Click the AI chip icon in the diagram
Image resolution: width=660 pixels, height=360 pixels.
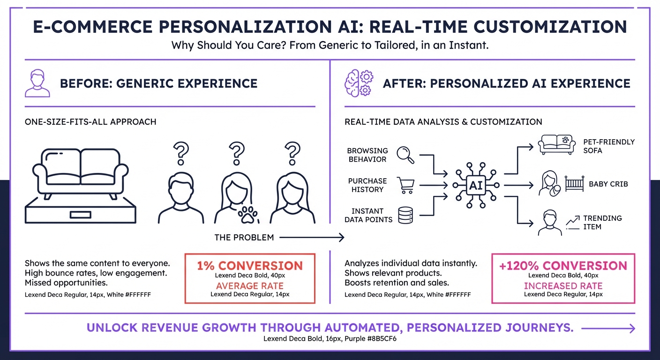point(476,185)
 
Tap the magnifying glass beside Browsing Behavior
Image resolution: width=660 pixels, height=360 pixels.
point(405,155)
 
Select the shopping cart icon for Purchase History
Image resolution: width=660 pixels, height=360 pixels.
point(405,185)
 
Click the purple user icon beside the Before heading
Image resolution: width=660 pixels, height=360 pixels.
point(37,83)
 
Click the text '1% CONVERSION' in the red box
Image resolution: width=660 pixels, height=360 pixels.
point(250,266)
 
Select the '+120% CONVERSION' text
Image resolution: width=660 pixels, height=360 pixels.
point(563,266)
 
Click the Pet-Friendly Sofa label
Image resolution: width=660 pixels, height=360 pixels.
point(608,146)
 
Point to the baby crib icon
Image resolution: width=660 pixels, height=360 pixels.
point(574,184)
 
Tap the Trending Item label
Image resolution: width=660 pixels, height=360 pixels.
point(602,222)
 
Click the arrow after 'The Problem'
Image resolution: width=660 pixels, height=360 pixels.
point(312,238)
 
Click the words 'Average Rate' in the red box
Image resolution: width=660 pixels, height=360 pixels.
point(250,286)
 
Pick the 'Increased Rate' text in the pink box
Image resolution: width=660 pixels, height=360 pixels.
point(563,286)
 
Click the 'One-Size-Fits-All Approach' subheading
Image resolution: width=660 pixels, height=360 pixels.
point(90,122)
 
